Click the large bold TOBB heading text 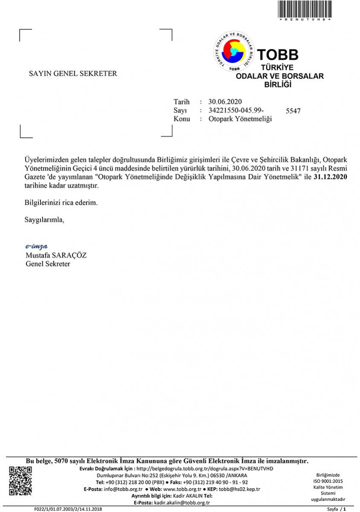click(278, 55)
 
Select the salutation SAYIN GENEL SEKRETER click(73, 73)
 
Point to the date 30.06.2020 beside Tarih click(225, 102)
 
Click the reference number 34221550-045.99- click(234, 110)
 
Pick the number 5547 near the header click(293, 111)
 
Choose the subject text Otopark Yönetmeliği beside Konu click(240, 119)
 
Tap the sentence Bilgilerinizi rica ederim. click(61, 203)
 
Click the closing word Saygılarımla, click(45, 220)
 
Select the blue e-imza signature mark click(36, 247)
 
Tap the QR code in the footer click(20, 481)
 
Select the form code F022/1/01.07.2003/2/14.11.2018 click(68, 509)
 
